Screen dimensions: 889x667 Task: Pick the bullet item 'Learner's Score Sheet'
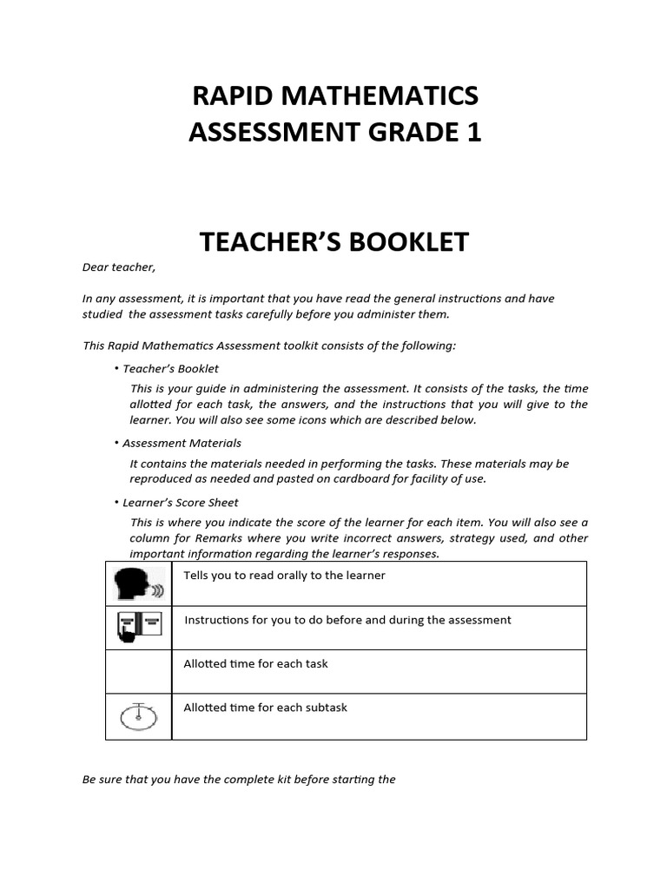pos(180,502)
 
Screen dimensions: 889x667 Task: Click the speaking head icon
pos(138,584)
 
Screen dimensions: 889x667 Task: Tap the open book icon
pos(138,628)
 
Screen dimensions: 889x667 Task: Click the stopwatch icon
pos(138,716)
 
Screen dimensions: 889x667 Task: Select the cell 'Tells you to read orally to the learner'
pos(284,576)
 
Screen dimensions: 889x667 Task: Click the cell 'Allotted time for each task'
pos(255,664)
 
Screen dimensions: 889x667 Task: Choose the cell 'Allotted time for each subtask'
pos(265,708)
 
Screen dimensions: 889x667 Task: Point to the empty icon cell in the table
pos(138,671)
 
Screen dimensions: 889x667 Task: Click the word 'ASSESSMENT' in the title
pos(266,132)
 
